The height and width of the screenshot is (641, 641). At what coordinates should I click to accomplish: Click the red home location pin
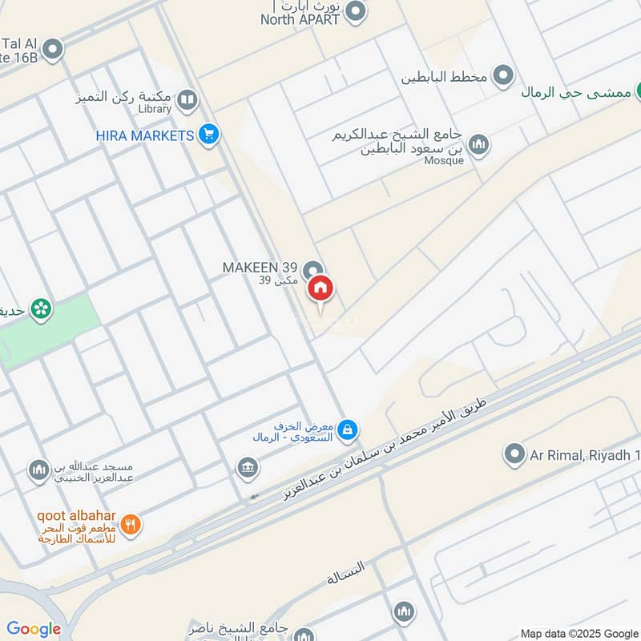click(320, 289)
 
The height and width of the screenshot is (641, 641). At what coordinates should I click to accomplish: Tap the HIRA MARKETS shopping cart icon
click(209, 135)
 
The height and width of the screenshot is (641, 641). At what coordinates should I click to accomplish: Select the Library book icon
click(187, 100)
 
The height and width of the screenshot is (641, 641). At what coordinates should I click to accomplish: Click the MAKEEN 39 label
click(260, 267)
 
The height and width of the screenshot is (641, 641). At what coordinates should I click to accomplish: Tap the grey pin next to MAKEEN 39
click(314, 269)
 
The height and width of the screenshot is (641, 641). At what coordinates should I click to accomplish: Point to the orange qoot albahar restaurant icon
click(132, 525)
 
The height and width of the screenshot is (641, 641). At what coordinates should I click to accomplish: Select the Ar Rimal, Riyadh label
click(585, 456)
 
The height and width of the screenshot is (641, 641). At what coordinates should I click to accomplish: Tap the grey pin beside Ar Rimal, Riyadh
click(514, 455)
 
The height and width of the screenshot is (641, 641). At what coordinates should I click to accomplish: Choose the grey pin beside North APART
click(357, 12)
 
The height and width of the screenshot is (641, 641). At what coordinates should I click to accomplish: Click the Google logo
click(34, 629)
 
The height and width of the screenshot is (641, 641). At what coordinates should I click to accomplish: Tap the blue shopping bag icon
click(347, 431)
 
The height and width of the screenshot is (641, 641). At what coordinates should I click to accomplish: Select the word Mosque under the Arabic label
click(444, 160)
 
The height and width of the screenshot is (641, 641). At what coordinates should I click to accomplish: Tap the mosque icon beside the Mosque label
click(479, 144)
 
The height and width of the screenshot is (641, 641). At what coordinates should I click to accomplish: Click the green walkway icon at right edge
click(638, 91)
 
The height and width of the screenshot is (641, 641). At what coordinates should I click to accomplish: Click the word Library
click(155, 109)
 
